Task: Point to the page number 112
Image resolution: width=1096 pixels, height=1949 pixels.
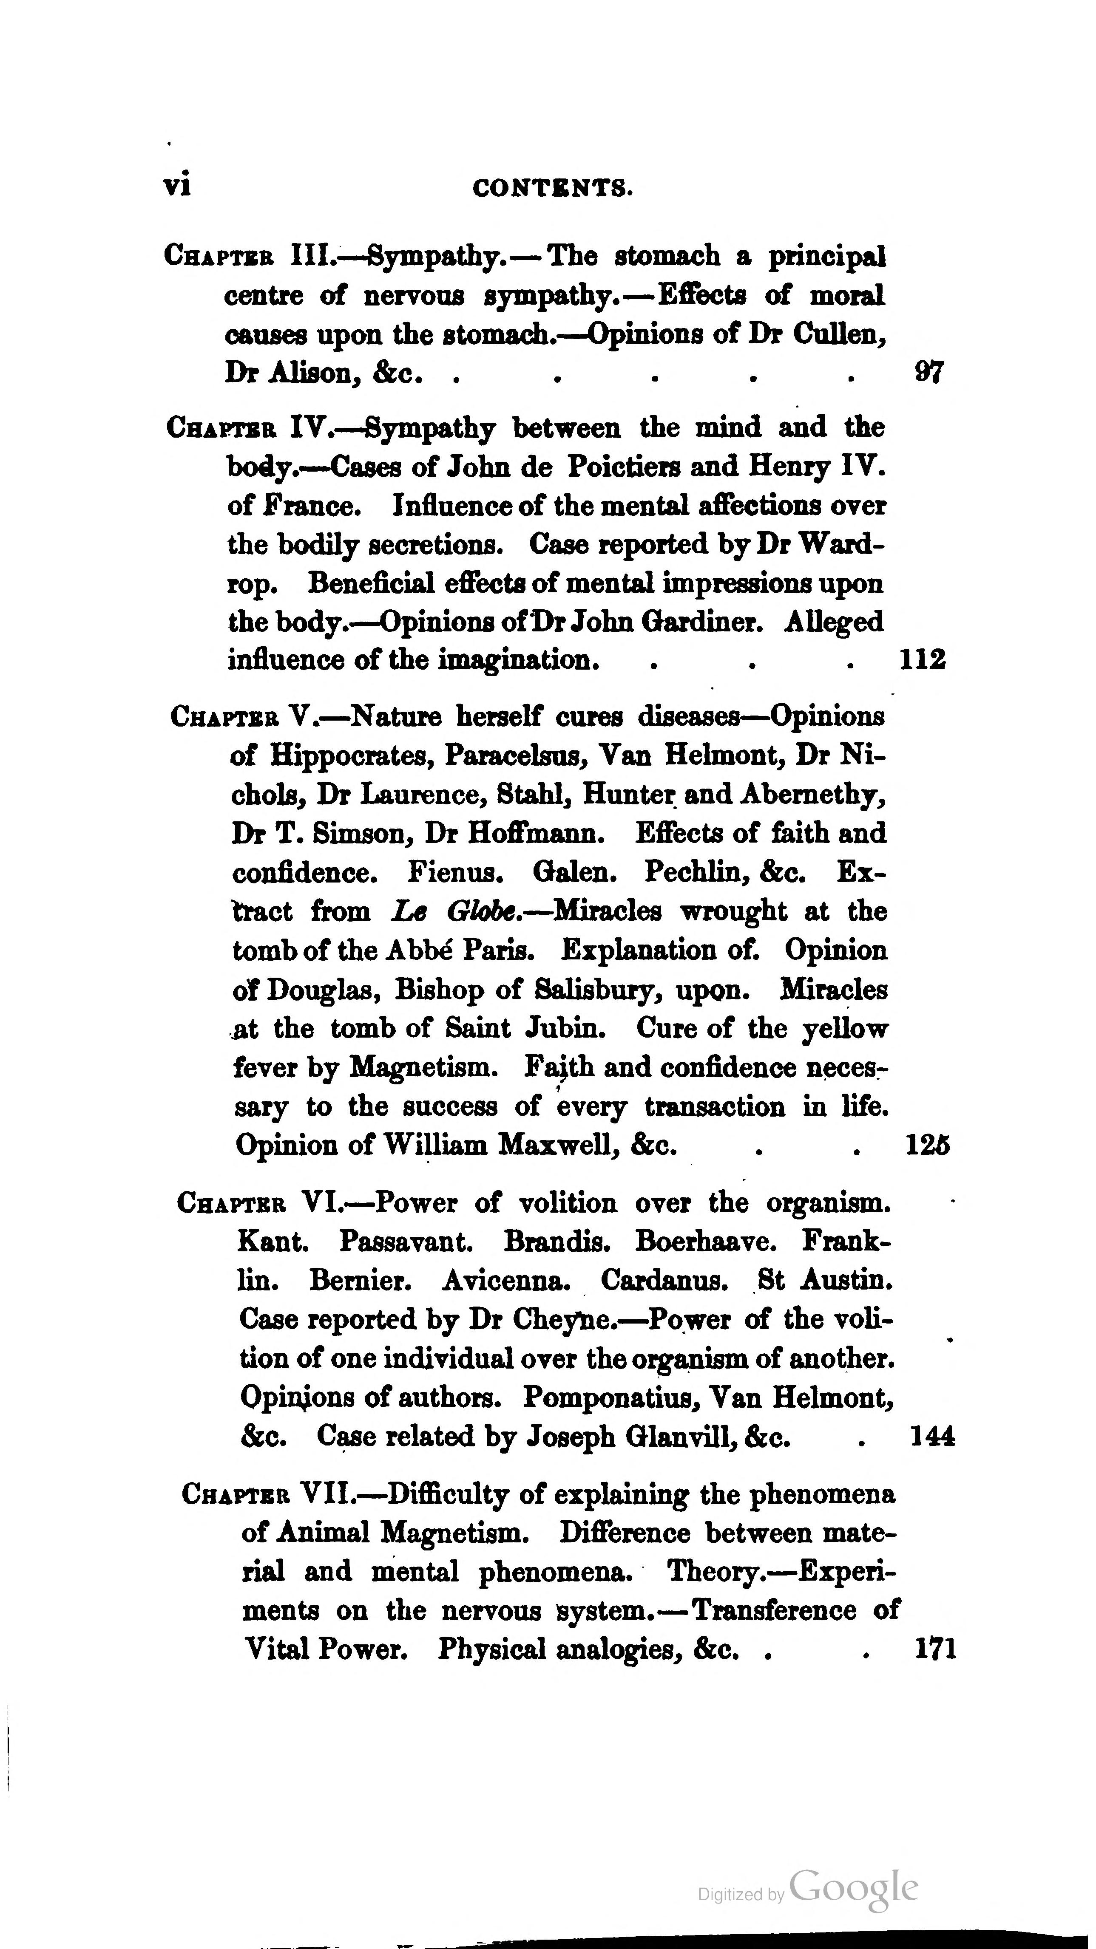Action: click(922, 660)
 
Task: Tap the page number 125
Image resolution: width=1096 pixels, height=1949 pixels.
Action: click(927, 1146)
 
